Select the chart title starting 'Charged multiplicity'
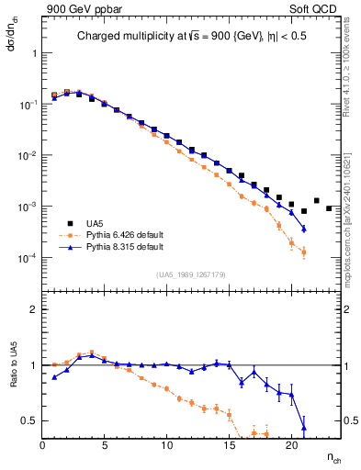click(190, 38)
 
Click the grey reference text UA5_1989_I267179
click(191, 274)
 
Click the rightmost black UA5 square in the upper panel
click(329, 209)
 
